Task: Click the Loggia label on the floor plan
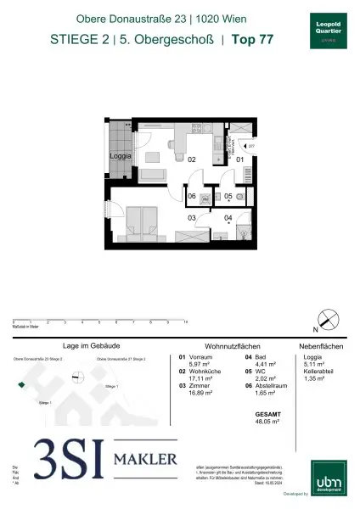point(118,157)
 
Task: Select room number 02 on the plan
point(192,159)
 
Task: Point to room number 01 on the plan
point(239,159)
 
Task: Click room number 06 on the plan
point(192,196)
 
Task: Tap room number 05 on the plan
point(228,197)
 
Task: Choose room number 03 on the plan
point(192,218)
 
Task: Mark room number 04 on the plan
point(228,218)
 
